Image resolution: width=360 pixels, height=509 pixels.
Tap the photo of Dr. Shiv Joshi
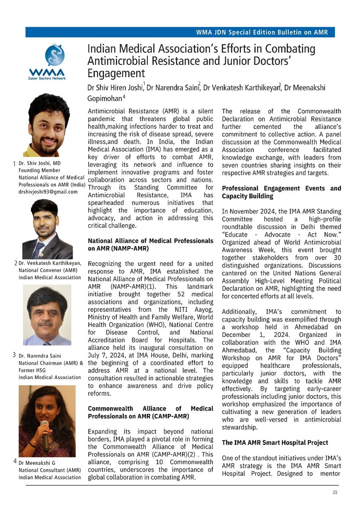click(49, 125)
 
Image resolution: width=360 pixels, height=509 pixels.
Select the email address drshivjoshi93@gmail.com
click(48, 192)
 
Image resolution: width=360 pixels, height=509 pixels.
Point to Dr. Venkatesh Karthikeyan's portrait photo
click(47, 229)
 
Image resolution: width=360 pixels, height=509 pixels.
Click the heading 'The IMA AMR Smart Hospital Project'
click(275, 442)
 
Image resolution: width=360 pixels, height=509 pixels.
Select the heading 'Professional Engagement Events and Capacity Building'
click(281, 192)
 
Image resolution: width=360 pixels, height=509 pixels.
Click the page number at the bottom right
click(335, 492)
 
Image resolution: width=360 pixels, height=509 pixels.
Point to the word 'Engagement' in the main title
click(115, 73)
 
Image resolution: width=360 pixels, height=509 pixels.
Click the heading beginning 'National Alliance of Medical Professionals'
click(150, 244)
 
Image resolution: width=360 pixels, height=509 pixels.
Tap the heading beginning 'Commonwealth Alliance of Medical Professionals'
click(150, 412)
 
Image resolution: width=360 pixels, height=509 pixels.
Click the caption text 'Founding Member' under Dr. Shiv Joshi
click(39, 171)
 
